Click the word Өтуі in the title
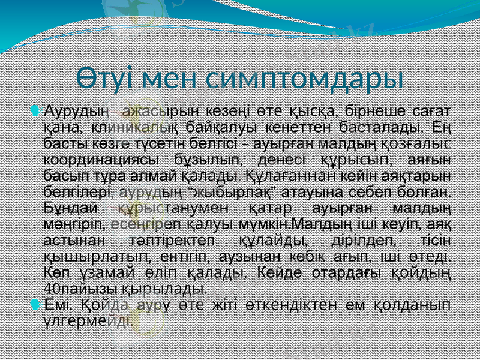point(107,79)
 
